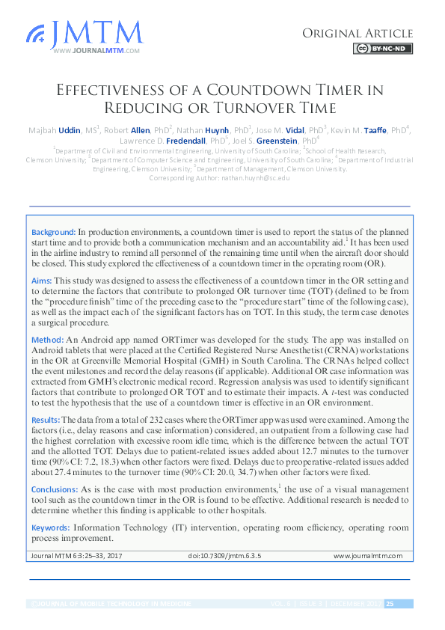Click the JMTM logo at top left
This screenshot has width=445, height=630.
[x=84, y=34]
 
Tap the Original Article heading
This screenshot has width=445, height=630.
[x=357, y=33]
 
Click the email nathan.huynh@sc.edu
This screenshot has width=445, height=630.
[x=253, y=178]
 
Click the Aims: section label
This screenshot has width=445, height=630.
[x=43, y=279]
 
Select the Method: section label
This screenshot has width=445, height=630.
[x=48, y=339]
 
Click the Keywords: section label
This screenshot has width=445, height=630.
[x=51, y=527]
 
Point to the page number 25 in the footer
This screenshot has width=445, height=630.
[x=390, y=604]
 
